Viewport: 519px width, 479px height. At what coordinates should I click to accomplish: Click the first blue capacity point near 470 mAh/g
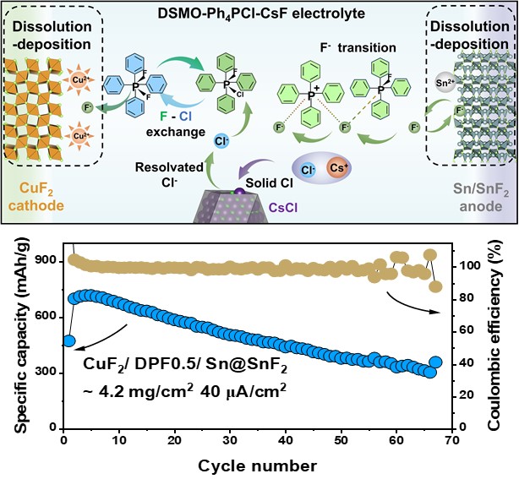point(68,341)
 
